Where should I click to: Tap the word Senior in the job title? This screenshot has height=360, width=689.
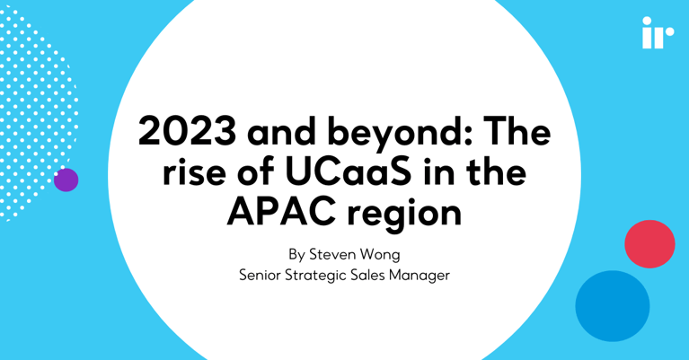point(262,275)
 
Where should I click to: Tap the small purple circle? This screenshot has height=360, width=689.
point(66,180)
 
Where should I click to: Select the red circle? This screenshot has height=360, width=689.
point(649,243)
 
